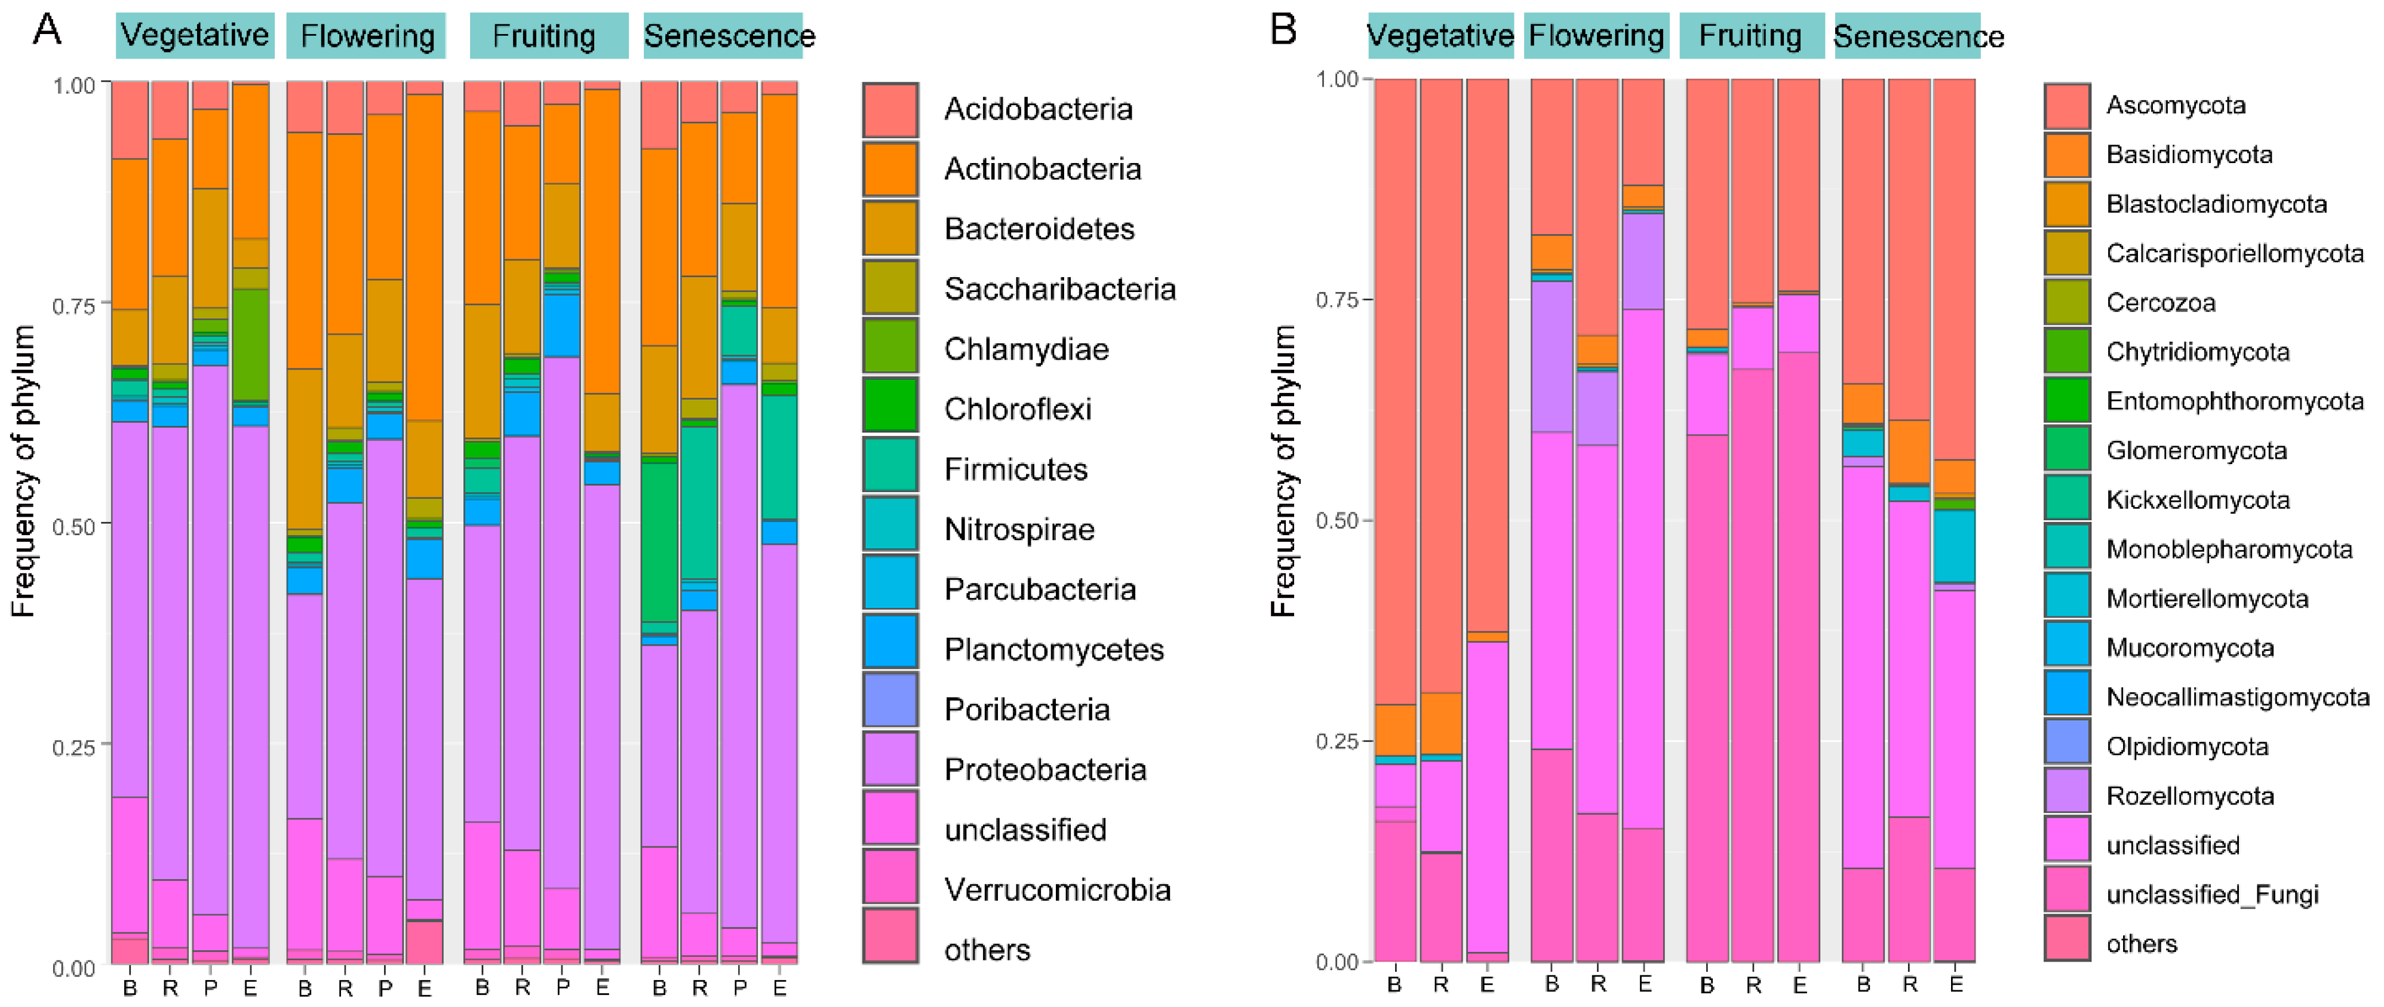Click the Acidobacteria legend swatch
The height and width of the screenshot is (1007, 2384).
[x=890, y=109]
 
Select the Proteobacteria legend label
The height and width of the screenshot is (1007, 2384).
[x=1045, y=770]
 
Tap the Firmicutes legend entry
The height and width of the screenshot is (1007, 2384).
[x=1015, y=469]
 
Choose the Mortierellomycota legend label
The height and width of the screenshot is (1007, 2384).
[x=2207, y=599]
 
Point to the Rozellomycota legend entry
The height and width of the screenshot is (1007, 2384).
[x=2190, y=796]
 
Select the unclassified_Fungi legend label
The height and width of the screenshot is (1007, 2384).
[x=2212, y=895]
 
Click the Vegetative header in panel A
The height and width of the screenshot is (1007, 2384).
[x=195, y=35]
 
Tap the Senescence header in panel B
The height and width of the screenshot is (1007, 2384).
[x=1918, y=36]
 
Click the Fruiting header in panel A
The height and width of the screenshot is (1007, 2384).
[x=544, y=36]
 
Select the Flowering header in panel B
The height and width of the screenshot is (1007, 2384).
[x=1596, y=36]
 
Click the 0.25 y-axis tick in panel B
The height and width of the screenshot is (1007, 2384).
[x=1337, y=741]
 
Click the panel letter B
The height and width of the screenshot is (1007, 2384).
[x=1283, y=30]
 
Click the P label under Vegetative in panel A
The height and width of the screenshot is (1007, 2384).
[x=211, y=987]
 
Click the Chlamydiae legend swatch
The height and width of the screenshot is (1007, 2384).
[x=890, y=349]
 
